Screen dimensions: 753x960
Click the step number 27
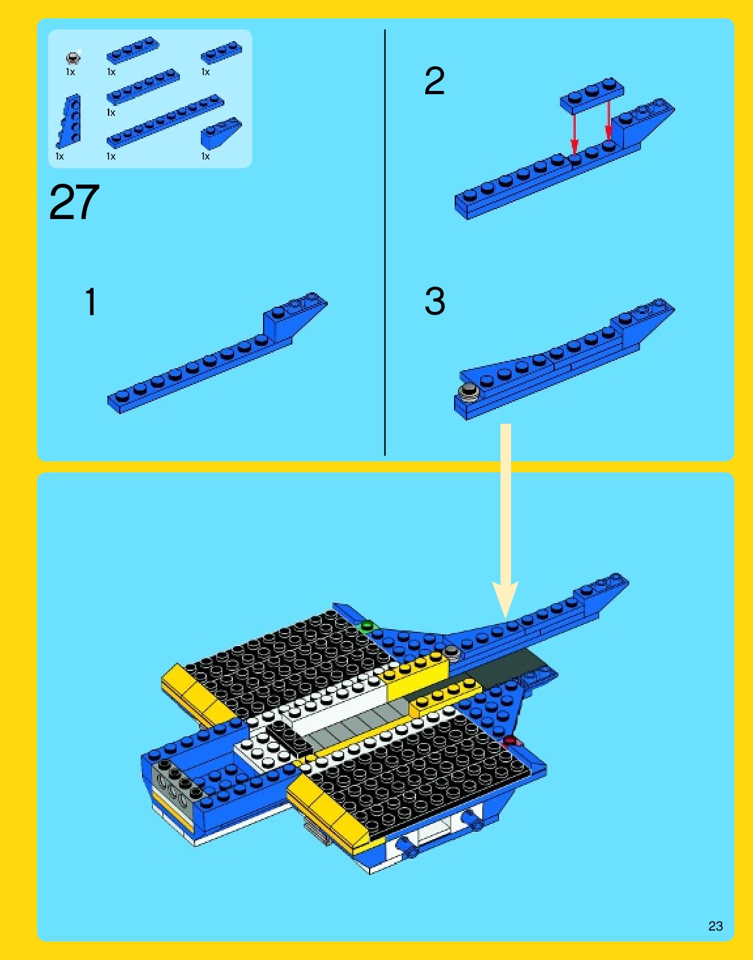point(74,203)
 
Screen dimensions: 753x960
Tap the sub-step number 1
point(90,301)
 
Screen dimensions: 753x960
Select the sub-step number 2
point(434,81)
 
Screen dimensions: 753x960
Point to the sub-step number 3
point(434,301)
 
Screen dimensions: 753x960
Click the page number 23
point(716,926)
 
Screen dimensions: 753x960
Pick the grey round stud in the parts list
point(73,58)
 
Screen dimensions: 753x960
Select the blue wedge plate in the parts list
point(69,120)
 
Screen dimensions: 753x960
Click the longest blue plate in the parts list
point(166,120)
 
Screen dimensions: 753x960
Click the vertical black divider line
point(385,242)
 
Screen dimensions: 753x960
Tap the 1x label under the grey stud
point(70,71)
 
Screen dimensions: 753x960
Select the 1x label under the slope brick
point(205,156)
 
